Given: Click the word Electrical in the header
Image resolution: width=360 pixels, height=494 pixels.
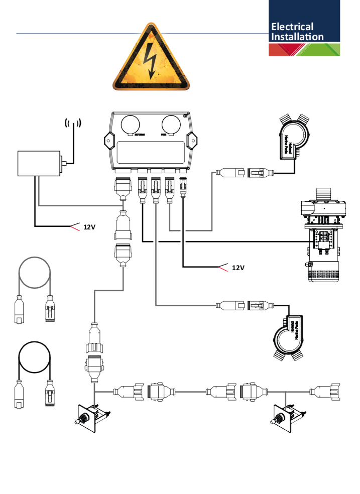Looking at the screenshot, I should point(292,27).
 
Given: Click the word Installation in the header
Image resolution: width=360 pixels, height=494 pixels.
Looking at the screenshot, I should point(297,37).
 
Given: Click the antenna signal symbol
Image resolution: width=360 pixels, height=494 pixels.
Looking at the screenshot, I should point(73,122).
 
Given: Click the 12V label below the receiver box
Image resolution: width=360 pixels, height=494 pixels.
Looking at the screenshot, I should point(89,227).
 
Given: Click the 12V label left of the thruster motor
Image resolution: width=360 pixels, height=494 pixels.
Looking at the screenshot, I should point(238,268).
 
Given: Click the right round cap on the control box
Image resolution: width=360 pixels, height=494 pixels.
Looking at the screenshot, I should point(170,124).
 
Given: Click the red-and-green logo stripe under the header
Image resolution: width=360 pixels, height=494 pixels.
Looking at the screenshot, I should point(304,50).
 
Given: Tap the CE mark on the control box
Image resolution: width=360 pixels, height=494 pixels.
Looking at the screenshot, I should point(185,115).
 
